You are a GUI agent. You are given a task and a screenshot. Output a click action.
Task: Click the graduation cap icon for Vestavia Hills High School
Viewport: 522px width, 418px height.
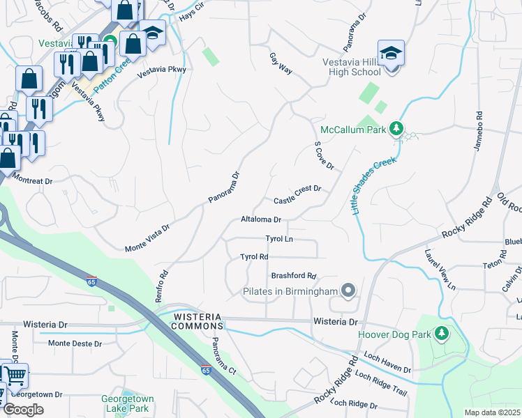tap(391, 53)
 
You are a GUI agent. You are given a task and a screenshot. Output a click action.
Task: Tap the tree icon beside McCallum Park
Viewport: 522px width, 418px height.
tap(396, 129)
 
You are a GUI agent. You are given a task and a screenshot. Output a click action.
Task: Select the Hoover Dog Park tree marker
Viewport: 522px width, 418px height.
tap(440, 334)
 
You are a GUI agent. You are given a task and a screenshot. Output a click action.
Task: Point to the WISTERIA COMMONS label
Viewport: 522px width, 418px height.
tap(197, 321)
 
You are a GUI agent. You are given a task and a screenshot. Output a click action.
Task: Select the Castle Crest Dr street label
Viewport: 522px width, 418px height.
tap(297, 194)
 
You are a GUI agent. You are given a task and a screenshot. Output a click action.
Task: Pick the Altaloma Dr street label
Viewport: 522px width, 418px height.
tap(260, 219)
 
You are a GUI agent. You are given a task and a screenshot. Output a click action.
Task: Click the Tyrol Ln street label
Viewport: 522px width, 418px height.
tap(278, 238)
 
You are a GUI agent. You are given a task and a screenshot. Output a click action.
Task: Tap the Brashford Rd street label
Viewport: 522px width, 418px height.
tap(294, 275)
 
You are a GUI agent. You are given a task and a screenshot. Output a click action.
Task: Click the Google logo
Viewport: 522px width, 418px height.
tap(23, 409)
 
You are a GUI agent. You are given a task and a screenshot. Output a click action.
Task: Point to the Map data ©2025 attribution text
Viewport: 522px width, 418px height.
tap(491, 412)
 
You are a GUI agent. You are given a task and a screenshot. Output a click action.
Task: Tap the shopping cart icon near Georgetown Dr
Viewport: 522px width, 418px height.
tap(15, 376)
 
